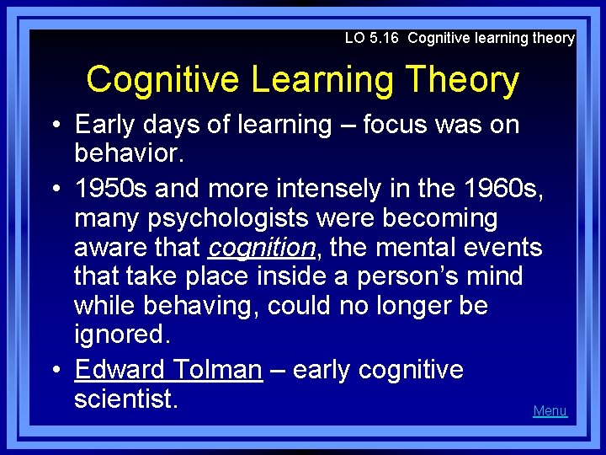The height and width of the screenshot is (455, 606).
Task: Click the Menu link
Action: tap(550, 411)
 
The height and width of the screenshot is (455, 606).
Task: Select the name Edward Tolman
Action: tap(168, 370)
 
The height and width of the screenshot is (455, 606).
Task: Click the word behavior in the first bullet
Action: tap(121, 154)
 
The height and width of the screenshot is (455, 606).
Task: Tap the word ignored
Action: tap(121, 335)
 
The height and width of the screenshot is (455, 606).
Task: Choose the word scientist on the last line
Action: tap(125, 399)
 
